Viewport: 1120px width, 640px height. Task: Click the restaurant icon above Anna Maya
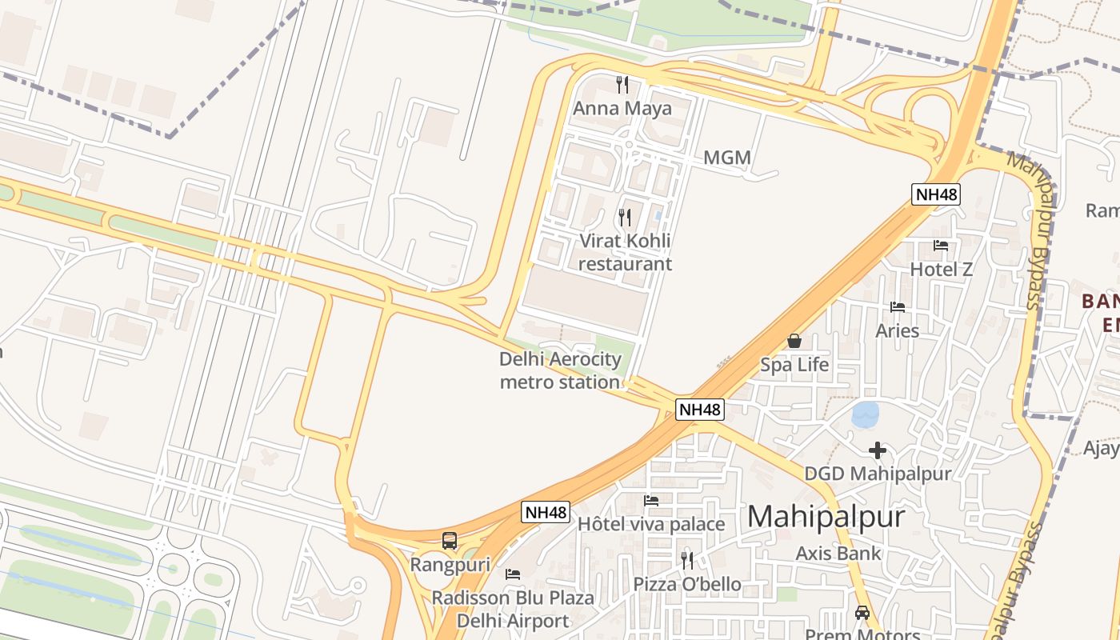pyautogui.click(x=622, y=84)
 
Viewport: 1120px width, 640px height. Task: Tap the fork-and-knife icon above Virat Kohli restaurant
pyautogui.click(x=625, y=217)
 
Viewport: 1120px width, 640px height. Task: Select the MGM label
pyautogui.click(x=727, y=158)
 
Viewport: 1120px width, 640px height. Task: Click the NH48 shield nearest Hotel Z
pyautogui.click(x=935, y=194)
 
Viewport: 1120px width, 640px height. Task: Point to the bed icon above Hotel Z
pyautogui.click(x=941, y=246)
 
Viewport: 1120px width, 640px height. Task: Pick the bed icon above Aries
pyautogui.click(x=898, y=307)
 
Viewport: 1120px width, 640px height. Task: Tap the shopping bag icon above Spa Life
pyautogui.click(x=794, y=341)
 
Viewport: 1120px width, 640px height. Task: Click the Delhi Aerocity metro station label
pyautogui.click(x=560, y=370)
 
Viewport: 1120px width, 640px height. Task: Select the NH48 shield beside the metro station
pyautogui.click(x=700, y=410)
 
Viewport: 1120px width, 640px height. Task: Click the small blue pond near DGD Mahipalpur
pyautogui.click(x=866, y=415)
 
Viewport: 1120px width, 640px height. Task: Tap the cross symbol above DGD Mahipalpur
pyautogui.click(x=878, y=450)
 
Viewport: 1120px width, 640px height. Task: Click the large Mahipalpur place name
pyautogui.click(x=826, y=516)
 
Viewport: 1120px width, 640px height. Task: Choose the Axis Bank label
pyautogui.click(x=838, y=553)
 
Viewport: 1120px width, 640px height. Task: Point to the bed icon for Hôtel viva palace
pyautogui.click(x=651, y=501)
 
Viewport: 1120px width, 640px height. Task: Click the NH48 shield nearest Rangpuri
pyautogui.click(x=546, y=512)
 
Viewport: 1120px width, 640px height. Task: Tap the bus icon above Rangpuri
pyautogui.click(x=450, y=541)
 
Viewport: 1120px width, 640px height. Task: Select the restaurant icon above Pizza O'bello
pyautogui.click(x=687, y=560)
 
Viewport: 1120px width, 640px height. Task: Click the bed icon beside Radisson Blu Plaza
pyautogui.click(x=513, y=574)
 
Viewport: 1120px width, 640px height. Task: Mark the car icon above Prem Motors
pyautogui.click(x=862, y=613)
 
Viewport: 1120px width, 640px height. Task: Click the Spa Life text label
pyautogui.click(x=794, y=365)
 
